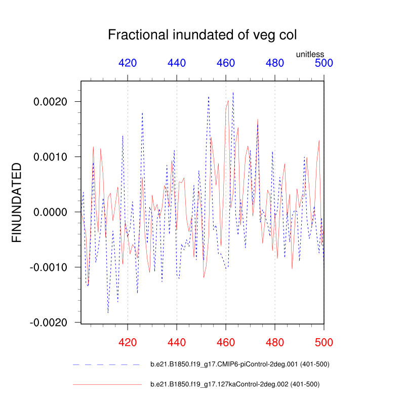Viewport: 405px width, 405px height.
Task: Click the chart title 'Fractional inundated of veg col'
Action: pos(202,35)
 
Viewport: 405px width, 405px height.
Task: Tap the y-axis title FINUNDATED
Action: pos(17,202)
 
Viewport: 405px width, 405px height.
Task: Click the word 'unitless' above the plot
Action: pos(310,54)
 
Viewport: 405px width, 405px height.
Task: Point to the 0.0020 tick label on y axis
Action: pos(51,102)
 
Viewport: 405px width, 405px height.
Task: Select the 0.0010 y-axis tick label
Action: pos(51,157)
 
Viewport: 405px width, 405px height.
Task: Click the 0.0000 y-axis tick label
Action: pos(51,212)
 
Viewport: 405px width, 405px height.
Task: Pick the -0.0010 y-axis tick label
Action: pos(49,267)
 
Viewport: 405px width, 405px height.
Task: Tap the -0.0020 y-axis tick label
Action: pos(49,322)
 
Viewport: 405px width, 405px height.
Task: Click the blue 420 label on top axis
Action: pos(128,63)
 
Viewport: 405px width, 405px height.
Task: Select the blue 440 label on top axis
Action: pos(177,63)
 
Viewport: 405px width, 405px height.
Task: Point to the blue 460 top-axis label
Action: pos(226,63)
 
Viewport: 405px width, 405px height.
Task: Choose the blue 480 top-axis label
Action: pos(275,63)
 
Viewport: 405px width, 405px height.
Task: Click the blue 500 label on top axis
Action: pos(324,63)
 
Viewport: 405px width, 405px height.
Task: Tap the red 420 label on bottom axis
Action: pos(128,343)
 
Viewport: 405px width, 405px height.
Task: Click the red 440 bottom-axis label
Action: pos(177,343)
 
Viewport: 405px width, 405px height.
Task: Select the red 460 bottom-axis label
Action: pos(226,343)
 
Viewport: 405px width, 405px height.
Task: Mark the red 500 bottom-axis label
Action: pos(324,343)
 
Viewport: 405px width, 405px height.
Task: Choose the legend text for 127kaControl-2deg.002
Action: pos(235,384)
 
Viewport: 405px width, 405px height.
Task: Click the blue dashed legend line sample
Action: pos(107,364)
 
